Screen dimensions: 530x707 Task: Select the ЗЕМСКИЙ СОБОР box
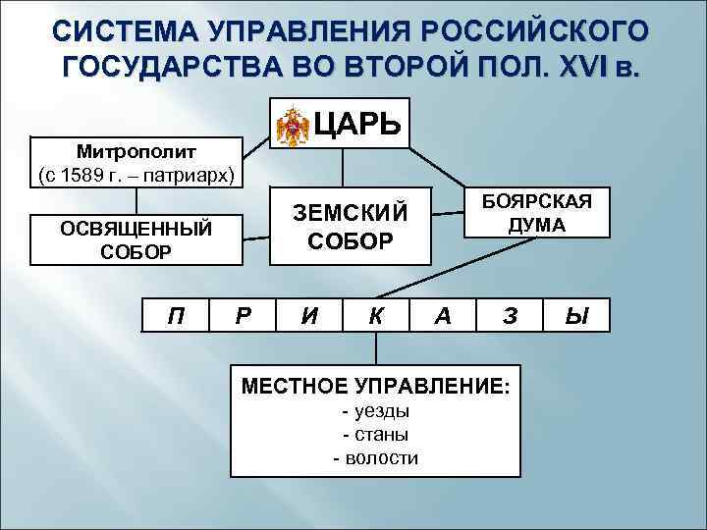tap(350, 225)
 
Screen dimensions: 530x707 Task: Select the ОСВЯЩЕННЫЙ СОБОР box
tap(136, 239)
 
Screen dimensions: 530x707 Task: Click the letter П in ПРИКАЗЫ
tap(177, 315)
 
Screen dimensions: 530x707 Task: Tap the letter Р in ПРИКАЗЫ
tap(244, 315)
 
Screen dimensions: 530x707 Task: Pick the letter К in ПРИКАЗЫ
tap(375, 315)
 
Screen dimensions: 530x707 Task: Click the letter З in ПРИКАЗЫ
tap(509, 315)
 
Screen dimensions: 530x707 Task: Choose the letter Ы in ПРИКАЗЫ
tap(576, 315)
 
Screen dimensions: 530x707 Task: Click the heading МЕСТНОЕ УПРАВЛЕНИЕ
tap(375, 385)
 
